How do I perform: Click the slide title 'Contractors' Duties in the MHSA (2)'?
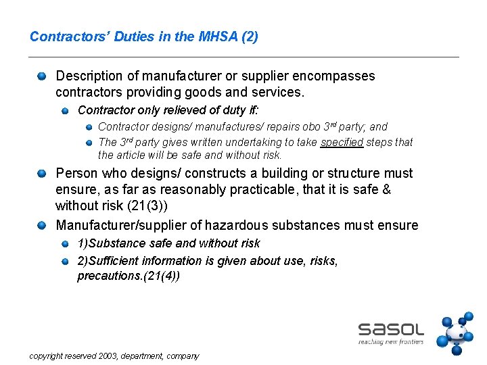(x=143, y=36)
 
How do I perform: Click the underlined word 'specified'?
(x=342, y=142)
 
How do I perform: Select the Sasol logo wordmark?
(x=391, y=329)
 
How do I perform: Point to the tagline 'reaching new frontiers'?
(x=391, y=342)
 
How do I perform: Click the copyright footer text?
(x=114, y=356)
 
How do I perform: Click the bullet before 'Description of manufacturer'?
(x=42, y=76)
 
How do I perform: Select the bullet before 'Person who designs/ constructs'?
(x=42, y=173)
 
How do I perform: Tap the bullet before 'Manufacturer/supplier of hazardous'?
(x=42, y=225)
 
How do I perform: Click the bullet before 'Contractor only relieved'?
(x=65, y=109)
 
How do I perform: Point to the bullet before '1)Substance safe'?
(x=65, y=243)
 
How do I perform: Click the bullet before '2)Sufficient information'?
(x=65, y=261)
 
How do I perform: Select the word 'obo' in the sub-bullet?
(x=309, y=126)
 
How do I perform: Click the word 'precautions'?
(x=106, y=276)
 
